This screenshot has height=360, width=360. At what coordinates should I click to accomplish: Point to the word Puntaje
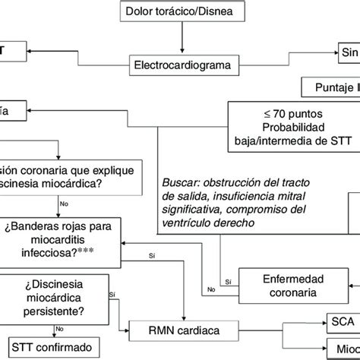click(330, 87)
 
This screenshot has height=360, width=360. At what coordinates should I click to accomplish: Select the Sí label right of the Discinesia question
click(113, 293)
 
